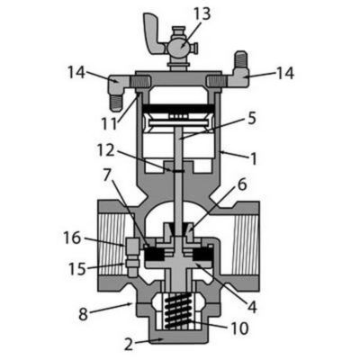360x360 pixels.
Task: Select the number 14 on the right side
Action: (283, 74)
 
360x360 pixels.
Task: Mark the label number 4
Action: (253, 307)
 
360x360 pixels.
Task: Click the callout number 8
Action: (84, 314)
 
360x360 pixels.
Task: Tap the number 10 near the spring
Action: (240, 329)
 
